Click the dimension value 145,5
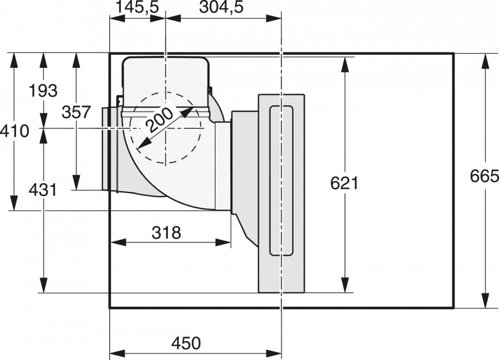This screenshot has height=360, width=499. pyautogui.click(x=137, y=7)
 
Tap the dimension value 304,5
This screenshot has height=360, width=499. pyautogui.click(x=221, y=7)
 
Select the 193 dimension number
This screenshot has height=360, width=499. pyautogui.click(x=43, y=91)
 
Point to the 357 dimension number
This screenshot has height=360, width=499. pyautogui.click(x=77, y=112)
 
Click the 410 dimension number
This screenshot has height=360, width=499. pyautogui.click(x=14, y=131)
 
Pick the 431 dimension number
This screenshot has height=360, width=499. pyautogui.click(x=43, y=190)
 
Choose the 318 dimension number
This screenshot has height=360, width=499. pyautogui.click(x=166, y=232)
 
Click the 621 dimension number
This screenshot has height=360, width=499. pyautogui.click(x=344, y=183)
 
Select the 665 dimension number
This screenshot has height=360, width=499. pyautogui.click(x=485, y=176)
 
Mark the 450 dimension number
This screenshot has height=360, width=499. pyautogui.click(x=186, y=343)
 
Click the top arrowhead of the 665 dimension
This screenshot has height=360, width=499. pyautogui.click(x=485, y=61)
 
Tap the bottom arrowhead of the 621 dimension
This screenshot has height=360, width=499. pyautogui.click(x=345, y=285)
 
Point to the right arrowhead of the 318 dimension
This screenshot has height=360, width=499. pyautogui.click(x=223, y=242)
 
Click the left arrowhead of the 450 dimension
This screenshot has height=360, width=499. pyautogui.click(x=117, y=353)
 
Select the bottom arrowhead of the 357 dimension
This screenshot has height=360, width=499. pyautogui.click(x=77, y=182)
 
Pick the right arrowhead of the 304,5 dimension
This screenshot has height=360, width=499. pyautogui.click(x=274, y=18)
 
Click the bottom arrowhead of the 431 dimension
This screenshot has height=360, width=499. pyautogui.click(x=43, y=285)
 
